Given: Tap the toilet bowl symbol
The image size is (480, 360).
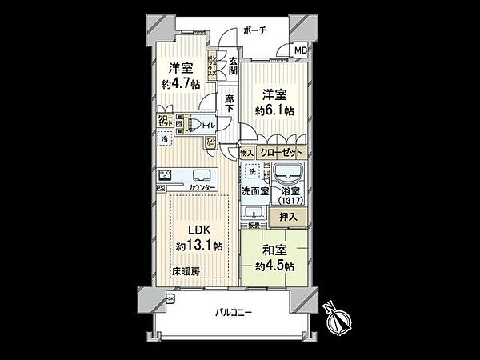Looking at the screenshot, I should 193,125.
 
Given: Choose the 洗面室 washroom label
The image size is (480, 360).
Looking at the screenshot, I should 254,191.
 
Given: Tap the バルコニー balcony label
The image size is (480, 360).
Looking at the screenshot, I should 235,313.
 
